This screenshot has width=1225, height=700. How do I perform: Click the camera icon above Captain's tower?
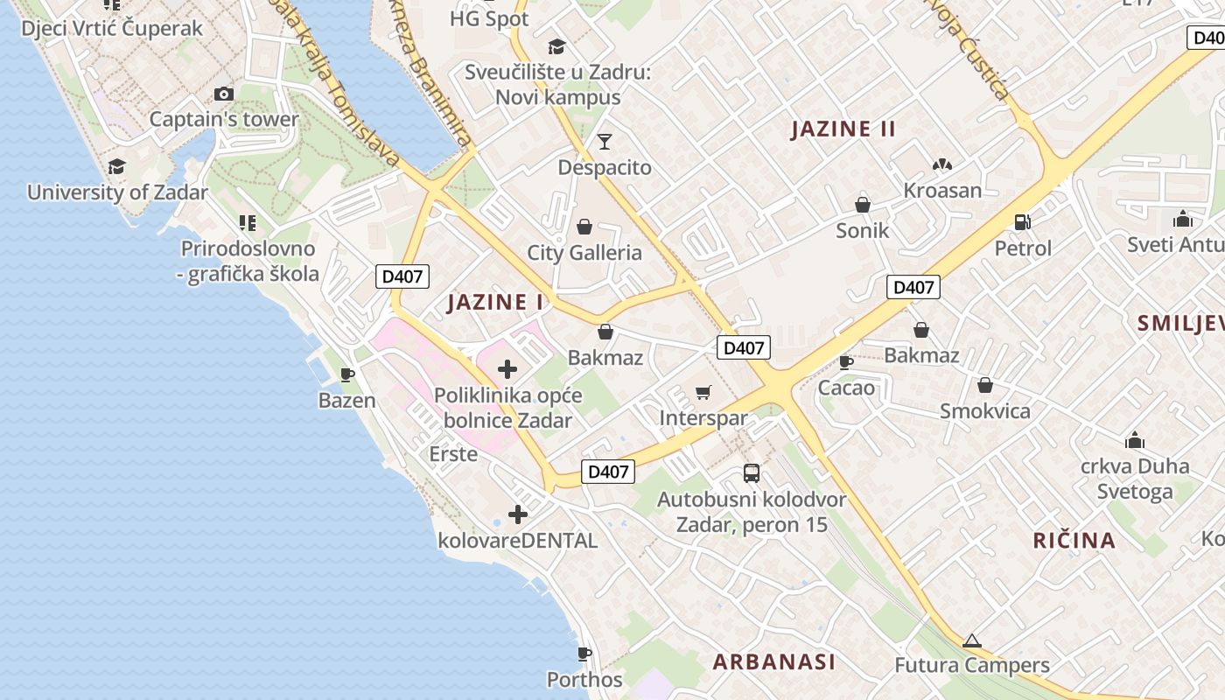(224, 94)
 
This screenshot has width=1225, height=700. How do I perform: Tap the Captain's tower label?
(224, 120)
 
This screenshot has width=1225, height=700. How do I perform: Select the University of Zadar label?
(117, 192)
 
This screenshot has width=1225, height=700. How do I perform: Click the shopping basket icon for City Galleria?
(584, 227)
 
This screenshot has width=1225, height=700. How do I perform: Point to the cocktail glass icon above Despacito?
(605, 141)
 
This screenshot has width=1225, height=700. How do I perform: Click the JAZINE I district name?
(495, 303)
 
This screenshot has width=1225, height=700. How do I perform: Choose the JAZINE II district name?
(843, 129)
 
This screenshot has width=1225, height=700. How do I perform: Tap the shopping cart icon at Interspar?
(703, 392)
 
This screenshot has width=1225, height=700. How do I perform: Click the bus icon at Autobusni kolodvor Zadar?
(752, 473)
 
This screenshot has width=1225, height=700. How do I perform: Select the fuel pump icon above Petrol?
(1023, 222)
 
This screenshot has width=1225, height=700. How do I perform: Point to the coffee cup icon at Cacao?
(846, 361)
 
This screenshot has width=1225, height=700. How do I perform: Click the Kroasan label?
(942, 190)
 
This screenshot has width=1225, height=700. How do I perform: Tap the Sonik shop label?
(863, 231)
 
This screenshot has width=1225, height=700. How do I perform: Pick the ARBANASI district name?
(774, 662)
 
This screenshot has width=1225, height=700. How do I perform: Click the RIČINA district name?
(1074, 541)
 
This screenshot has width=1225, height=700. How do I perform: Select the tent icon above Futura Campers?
(972, 640)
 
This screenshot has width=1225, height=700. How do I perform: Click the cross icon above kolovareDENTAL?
(518, 514)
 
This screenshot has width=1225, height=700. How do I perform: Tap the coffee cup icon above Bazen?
(347, 375)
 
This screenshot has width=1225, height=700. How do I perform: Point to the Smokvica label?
(985, 411)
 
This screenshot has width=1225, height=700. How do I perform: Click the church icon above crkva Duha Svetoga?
(1135, 439)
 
